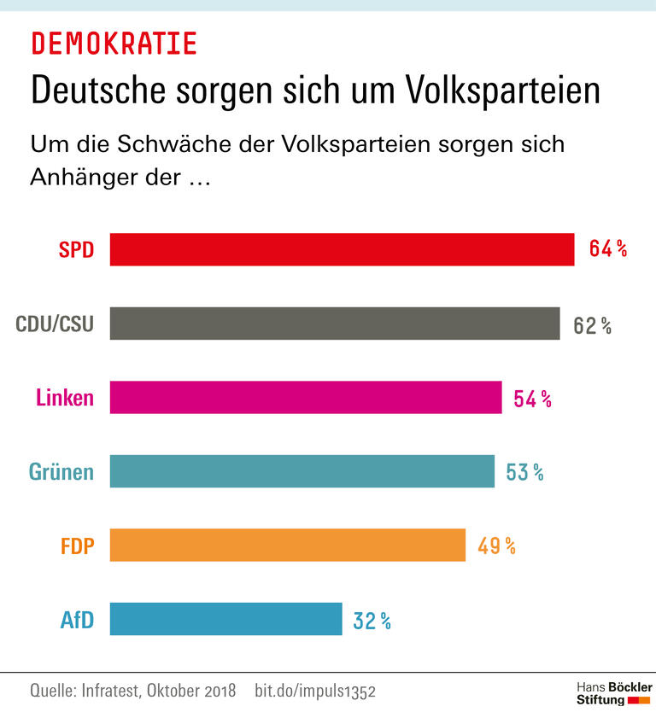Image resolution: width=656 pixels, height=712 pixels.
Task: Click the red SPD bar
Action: tap(342, 249)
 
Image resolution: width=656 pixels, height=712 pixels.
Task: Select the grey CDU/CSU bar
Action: tap(335, 324)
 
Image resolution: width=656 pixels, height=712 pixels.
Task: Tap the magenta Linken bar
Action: tap(306, 398)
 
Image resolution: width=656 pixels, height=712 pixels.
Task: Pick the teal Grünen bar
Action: tap(302, 471)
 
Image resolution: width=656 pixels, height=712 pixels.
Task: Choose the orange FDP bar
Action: tap(287, 546)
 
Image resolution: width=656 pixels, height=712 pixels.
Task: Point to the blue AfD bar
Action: tap(225, 619)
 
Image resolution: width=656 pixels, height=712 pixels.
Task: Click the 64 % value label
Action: tap(607, 249)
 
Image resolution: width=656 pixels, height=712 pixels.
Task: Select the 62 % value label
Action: tap(592, 324)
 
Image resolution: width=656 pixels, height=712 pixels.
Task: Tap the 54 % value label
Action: tap(532, 399)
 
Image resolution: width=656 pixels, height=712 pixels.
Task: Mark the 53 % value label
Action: tap(524, 472)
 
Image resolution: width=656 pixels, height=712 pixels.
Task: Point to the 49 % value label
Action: tap(496, 546)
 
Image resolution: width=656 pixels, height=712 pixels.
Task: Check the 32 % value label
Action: tap(372, 621)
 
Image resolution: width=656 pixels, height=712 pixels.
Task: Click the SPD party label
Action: tap(75, 250)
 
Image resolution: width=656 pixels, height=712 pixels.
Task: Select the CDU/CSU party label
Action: tap(55, 324)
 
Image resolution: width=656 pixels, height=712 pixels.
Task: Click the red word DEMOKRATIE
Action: tap(114, 43)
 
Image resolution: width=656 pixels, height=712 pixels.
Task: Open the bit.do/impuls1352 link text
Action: tap(315, 690)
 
